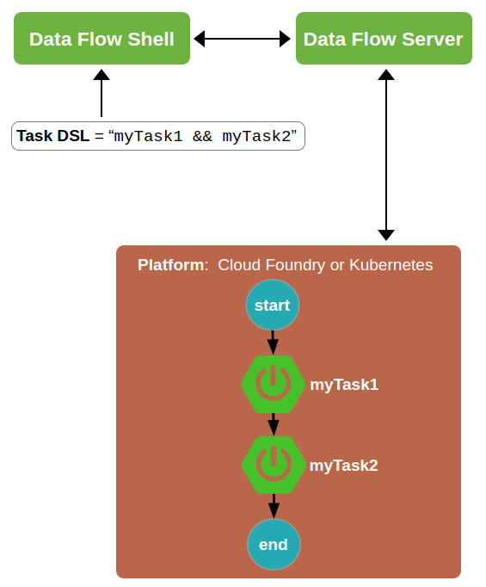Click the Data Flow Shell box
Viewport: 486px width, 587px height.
point(102,40)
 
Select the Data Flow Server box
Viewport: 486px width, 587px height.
point(383,40)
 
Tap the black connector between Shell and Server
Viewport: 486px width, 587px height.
point(242,39)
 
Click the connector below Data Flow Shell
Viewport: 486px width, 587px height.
point(102,92)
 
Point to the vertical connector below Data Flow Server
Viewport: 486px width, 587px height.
point(386,155)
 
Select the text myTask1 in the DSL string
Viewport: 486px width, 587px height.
point(148,136)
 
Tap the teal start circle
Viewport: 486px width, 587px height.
point(272,306)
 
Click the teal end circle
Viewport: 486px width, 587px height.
point(273,544)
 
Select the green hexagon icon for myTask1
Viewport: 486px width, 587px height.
point(274,385)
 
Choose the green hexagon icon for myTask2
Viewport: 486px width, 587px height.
point(274,465)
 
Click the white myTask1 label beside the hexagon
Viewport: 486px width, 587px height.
point(344,385)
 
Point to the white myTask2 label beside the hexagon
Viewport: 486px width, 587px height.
point(344,466)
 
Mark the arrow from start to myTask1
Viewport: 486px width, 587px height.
point(273,342)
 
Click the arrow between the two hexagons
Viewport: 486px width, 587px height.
point(273,424)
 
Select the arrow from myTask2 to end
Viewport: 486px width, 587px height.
point(273,504)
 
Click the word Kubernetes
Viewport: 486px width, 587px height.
point(391,265)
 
